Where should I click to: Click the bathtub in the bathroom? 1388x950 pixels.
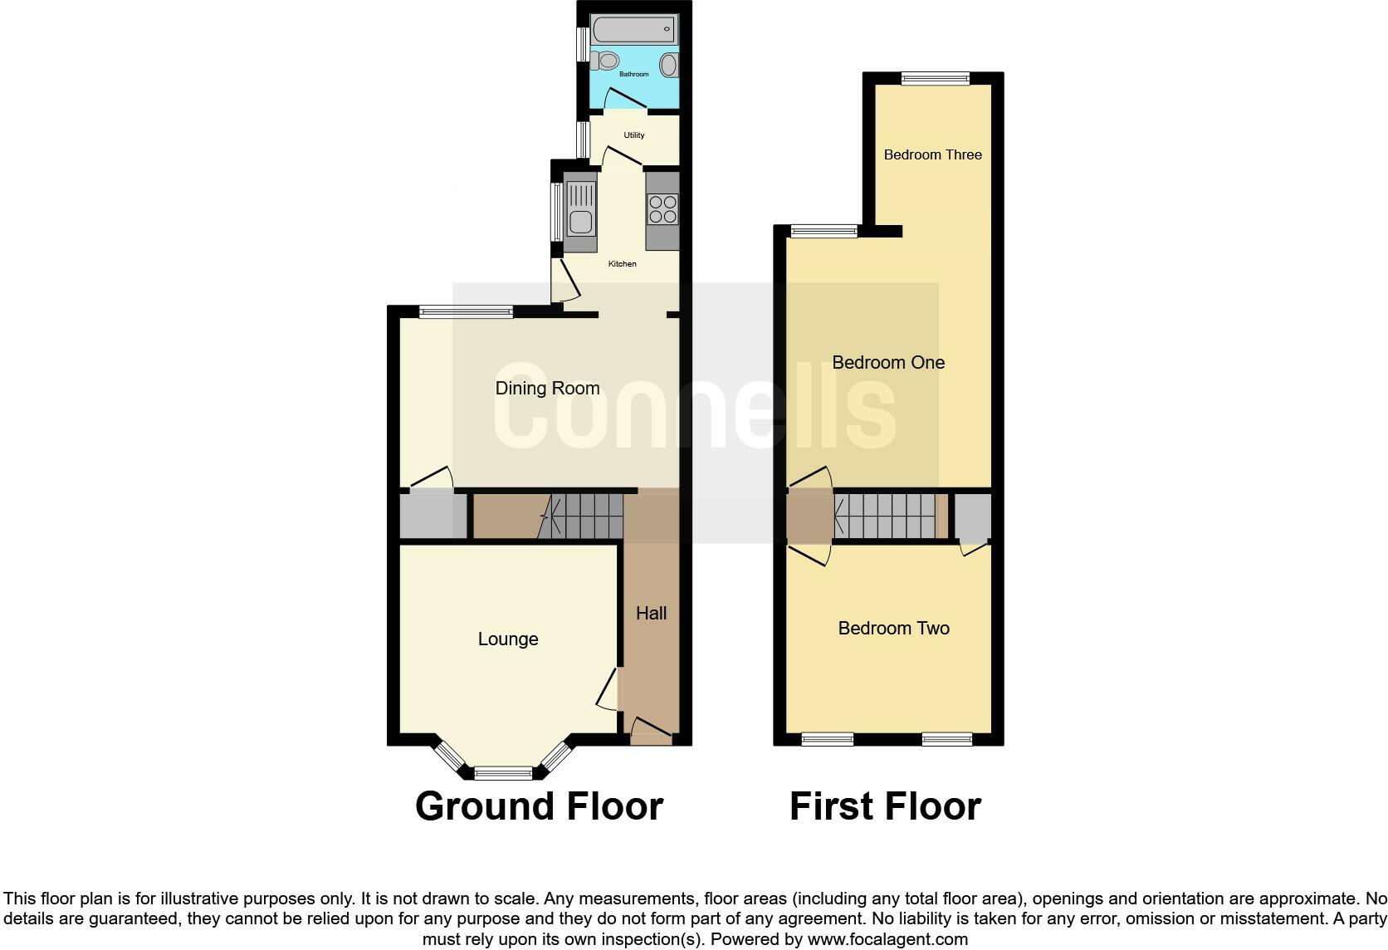click(633, 29)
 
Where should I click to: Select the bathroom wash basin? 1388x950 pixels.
click(668, 65)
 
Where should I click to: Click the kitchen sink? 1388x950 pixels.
click(579, 221)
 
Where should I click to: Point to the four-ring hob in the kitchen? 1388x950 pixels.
click(662, 208)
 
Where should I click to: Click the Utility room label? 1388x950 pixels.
click(633, 135)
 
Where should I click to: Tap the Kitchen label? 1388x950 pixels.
click(622, 264)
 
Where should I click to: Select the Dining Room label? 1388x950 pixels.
click(547, 388)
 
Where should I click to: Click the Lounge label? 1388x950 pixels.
click(508, 639)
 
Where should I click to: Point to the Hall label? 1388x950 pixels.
click(651, 614)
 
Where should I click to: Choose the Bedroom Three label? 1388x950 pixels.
click(932, 154)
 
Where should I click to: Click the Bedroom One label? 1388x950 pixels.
click(888, 362)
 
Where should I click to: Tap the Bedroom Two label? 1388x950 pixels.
click(893, 628)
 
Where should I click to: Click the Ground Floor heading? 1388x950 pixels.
click(539, 806)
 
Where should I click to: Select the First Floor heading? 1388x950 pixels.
click(885, 806)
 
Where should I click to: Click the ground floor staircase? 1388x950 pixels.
click(585, 515)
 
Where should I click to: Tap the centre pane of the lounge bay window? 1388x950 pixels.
click(503, 774)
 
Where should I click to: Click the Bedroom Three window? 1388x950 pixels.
click(936, 79)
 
